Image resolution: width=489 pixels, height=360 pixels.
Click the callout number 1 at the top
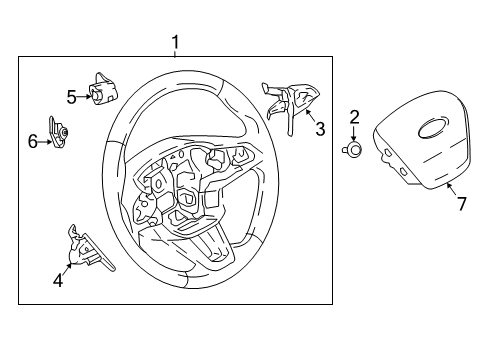175,42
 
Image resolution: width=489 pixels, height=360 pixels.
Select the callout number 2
354,119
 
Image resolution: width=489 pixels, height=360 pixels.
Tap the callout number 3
320,129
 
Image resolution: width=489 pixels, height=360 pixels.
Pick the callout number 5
72,97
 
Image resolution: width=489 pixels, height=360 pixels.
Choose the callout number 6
33,142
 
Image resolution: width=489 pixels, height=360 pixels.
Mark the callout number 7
461,204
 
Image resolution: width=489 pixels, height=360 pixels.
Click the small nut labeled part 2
354,150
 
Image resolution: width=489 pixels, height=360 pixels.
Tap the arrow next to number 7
450,188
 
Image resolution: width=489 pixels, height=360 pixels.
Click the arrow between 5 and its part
84,96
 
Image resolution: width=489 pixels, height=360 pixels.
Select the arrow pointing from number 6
46,142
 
